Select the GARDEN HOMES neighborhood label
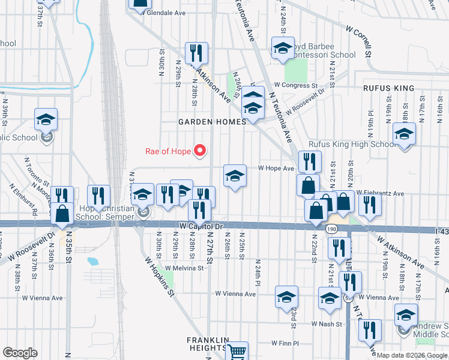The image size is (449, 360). pyautogui.click(x=212, y=122)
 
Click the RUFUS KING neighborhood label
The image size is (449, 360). pyautogui.click(x=388, y=88)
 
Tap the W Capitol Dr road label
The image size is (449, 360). pyautogui.click(x=201, y=226)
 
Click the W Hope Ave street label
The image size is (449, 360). pyautogui.click(x=276, y=169)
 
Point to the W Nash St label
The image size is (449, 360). pyautogui.click(x=326, y=324)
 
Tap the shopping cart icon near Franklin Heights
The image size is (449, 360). pyautogui.click(x=237, y=351)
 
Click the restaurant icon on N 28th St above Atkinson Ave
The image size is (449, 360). pyautogui.click(x=196, y=53)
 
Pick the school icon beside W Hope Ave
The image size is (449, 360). pyautogui.click(x=235, y=176)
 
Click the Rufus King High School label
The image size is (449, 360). pyautogui.click(x=352, y=144)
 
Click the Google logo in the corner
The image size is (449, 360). pyautogui.click(x=20, y=353)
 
